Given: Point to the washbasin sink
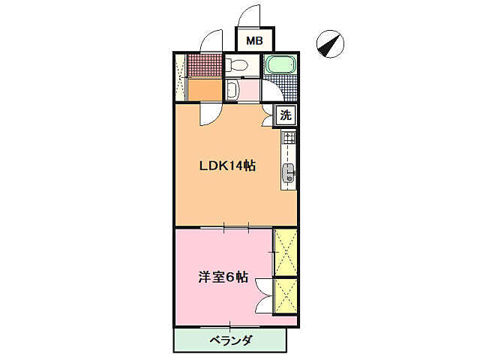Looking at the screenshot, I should tap(232, 91).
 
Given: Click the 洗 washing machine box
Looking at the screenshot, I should tap(285, 115).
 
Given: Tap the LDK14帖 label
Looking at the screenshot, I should tap(227, 166).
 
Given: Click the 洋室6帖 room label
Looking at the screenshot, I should tap(223, 277).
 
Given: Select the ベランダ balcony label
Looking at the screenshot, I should tap(230, 340).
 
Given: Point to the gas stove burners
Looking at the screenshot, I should tap(289, 138).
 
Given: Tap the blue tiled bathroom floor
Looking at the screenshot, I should tap(280, 84).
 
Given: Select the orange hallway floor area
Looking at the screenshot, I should tap(204, 91).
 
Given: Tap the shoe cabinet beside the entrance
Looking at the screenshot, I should tap(180, 77).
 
